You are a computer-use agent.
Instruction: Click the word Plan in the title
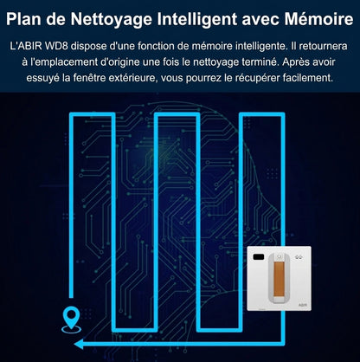tap(23, 19)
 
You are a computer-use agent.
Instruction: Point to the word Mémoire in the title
tap(318, 19)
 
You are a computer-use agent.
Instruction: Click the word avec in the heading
tap(260, 20)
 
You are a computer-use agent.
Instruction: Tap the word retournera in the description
tap(323, 46)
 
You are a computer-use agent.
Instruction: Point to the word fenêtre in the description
tap(86, 78)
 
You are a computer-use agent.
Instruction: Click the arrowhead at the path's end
tap(79, 344)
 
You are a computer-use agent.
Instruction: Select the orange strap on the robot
tap(279, 279)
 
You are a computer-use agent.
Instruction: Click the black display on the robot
tap(259, 256)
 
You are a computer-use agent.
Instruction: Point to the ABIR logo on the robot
tap(303, 305)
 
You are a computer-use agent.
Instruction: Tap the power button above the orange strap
tap(279, 256)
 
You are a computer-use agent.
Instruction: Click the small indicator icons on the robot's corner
tap(299, 256)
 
